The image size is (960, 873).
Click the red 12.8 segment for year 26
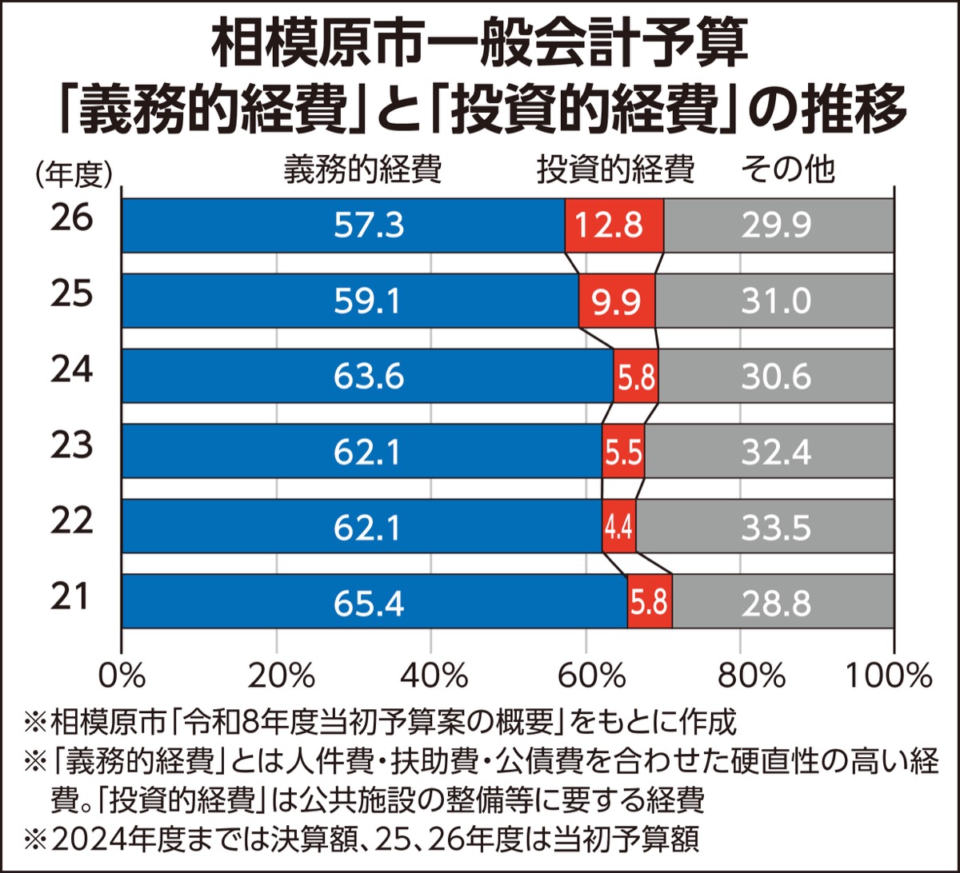(614, 226)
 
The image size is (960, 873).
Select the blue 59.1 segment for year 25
(350, 301)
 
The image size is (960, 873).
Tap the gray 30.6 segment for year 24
(776, 377)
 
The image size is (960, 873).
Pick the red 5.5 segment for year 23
(623, 452)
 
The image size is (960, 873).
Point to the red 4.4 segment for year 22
(619, 527)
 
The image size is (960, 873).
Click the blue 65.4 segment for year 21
(374, 602)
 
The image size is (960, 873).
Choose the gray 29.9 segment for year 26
(779, 226)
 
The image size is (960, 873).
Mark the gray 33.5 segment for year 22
(765, 527)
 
